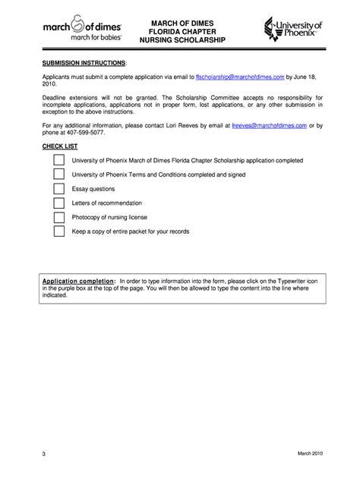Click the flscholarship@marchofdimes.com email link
click(x=240, y=77)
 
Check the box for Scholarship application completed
click(x=59, y=161)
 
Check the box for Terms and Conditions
click(x=59, y=175)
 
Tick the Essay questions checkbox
click(x=59, y=189)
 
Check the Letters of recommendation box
click(x=59, y=203)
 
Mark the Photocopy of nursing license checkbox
click(x=59, y=217)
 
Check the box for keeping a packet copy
click(x=59, y=231)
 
